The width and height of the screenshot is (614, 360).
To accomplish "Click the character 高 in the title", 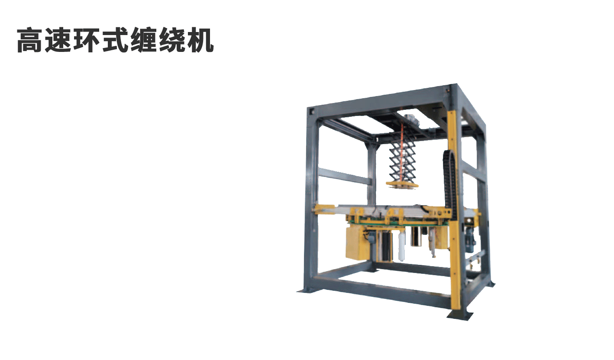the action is click(29, 40).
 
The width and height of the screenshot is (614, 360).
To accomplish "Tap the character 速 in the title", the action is click(58, 40).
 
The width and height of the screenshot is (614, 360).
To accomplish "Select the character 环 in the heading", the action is click(87, 40).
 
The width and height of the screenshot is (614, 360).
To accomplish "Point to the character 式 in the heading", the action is click(115, 40).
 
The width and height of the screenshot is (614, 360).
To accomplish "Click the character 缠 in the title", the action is click(144, 40).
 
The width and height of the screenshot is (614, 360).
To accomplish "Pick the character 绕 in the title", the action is click(172, 40).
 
